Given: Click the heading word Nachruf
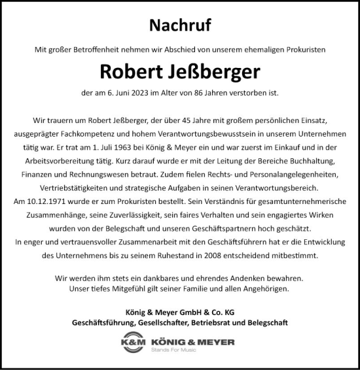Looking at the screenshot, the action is pos(180,25).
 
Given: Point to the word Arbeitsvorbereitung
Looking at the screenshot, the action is pos(97,161).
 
